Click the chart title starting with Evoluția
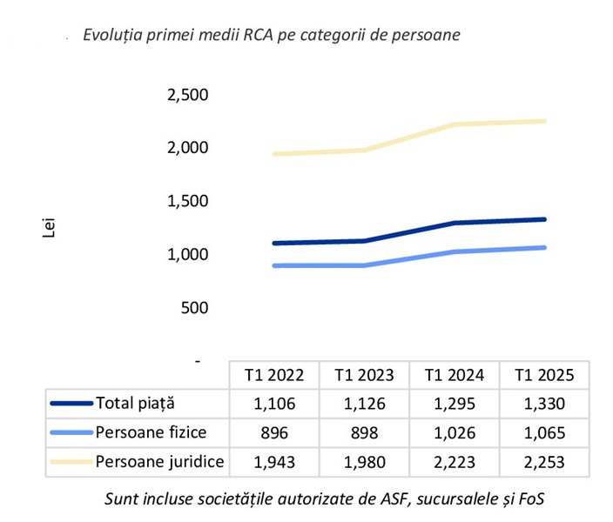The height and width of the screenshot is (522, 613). tap(271, 36)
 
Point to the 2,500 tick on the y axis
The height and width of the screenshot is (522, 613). tap(187, 95)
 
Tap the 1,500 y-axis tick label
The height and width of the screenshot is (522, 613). tap(187, 201)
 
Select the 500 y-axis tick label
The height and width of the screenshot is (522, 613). tap(196, 307)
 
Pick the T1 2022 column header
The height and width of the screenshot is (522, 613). tap(273, 376)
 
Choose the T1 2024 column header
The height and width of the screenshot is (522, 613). tap(454, 376)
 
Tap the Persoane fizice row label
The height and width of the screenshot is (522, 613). tap(151, 432)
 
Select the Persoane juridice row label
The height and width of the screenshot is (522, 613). tap(159, 461)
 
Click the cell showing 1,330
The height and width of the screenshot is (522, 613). tap(544, 404)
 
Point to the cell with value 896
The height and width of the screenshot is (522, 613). tap(273, 432)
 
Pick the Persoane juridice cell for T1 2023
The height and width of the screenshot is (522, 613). tap(363, 461)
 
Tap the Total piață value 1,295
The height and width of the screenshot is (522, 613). tap(454, 404)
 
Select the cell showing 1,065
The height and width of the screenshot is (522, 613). tap(544, 432)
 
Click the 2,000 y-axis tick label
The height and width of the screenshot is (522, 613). tap(187, 148)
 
